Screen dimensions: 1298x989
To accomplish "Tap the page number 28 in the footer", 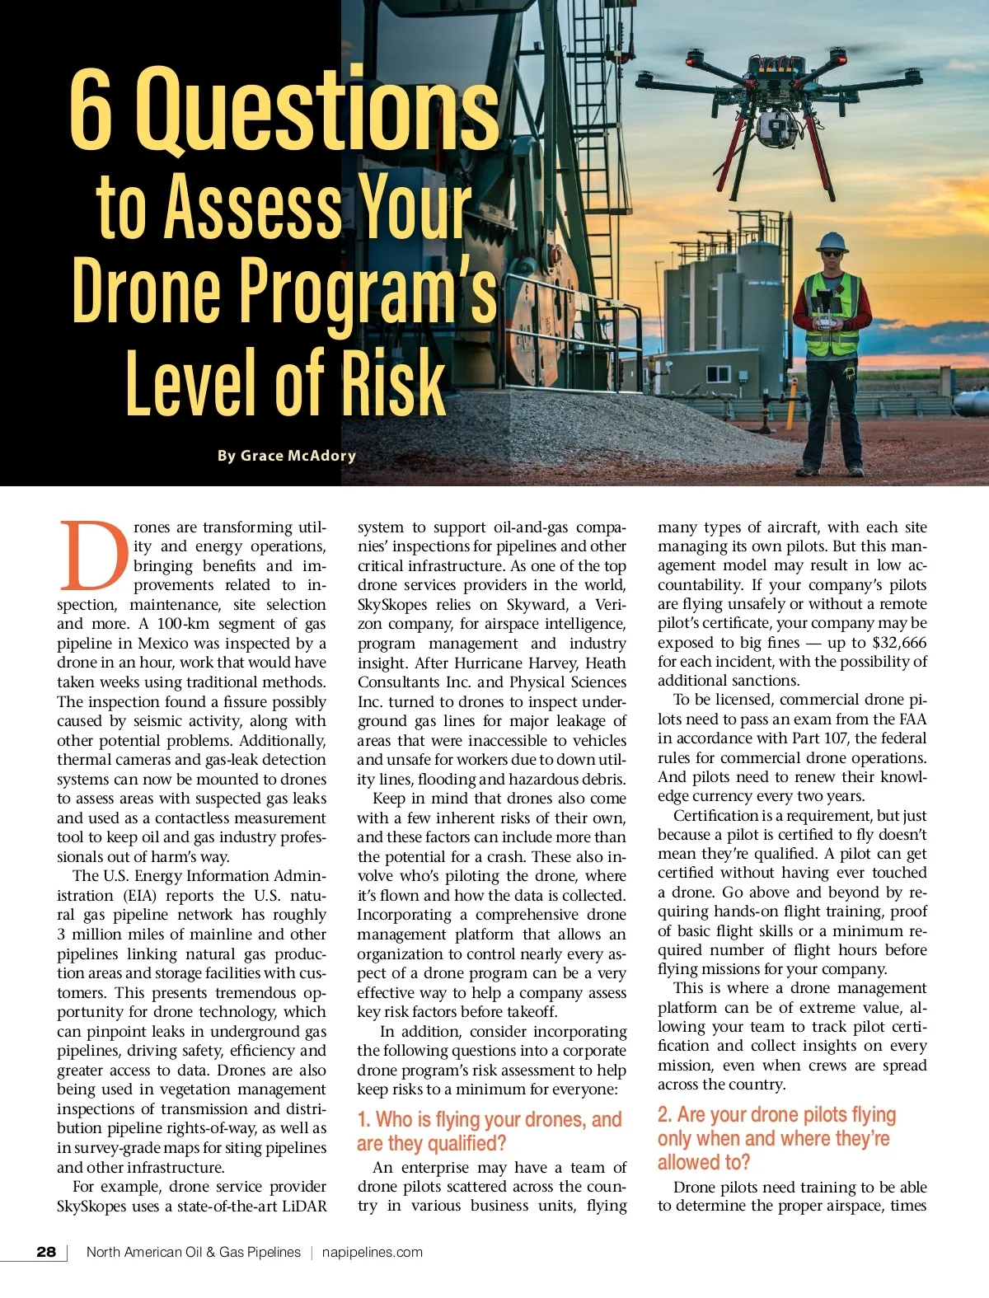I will tap(46, 1252).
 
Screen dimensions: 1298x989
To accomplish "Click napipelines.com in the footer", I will tap(372, 1252).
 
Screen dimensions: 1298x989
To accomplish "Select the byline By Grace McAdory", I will tap(287, 456).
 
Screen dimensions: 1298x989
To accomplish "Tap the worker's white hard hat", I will tap(832, 241).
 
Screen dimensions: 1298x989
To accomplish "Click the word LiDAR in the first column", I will tap(302, 1207).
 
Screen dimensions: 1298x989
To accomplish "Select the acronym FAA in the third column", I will tap(912, 719).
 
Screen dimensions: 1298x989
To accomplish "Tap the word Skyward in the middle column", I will tap(537, 605).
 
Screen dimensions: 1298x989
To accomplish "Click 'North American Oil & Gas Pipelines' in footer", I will tap(194, 1252).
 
